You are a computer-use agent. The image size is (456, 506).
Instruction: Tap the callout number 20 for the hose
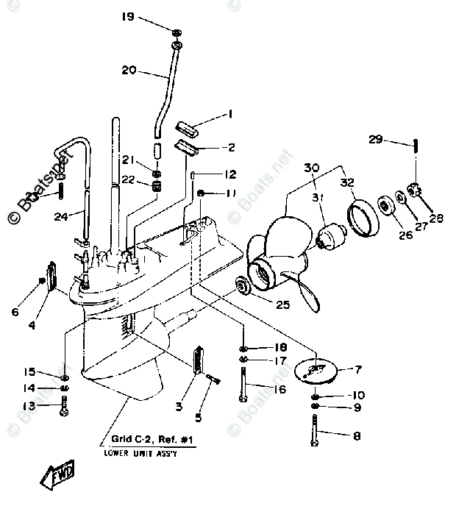pyautogui.click(x=129, y=71)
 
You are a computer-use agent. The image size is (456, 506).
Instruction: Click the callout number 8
pyautogui.click(x=356, y=436)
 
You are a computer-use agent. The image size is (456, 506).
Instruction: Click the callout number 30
pyautogui.click(x=311, y=168)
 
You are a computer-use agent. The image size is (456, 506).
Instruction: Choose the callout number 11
pyautogui.click(x=230, y=193)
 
